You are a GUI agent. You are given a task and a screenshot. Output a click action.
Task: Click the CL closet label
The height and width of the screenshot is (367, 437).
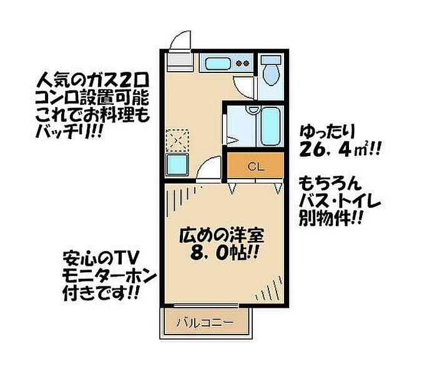point(254,166)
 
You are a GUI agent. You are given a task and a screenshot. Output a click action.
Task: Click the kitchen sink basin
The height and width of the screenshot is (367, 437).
point(218,63)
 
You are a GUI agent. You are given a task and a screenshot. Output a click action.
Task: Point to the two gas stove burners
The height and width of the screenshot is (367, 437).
point(243,63)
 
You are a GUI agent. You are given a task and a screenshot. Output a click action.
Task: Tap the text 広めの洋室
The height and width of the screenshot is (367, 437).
point(222,237)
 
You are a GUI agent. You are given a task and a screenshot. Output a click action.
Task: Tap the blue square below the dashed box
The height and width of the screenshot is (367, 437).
point(177,165)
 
